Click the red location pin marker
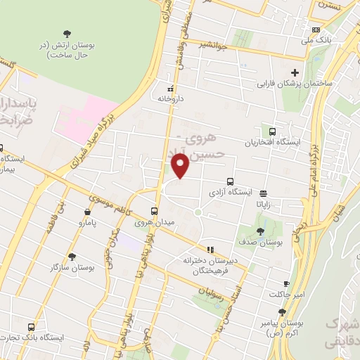[180, 165]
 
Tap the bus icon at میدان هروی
[155, 211]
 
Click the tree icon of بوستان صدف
[260, 231]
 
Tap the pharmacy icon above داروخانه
[170, 89]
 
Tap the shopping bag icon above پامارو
[86, 211]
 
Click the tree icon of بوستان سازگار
[72, 257]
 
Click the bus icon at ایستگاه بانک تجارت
[32, 327]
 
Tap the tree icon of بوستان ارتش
[67, 33]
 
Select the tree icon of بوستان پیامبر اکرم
[282, 311]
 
